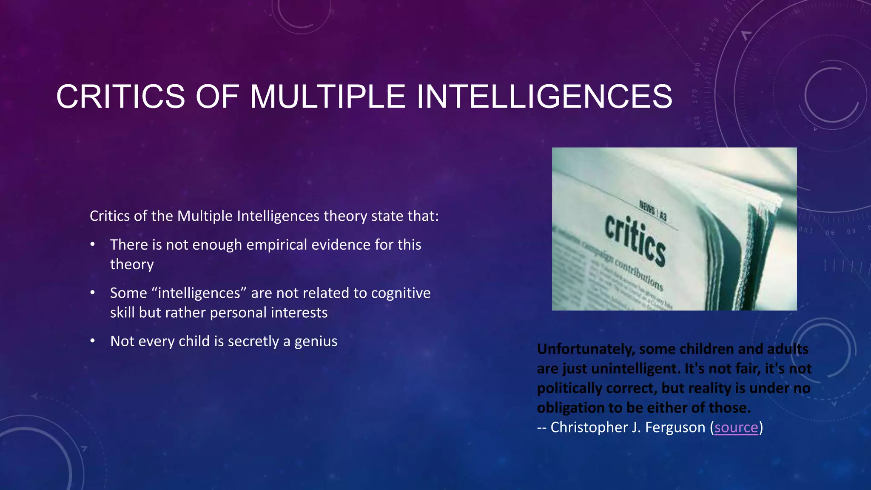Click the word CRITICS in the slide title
click(x=120, y=97)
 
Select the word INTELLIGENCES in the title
click(x=544, y=97)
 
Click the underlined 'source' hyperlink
click(x=736, y=427)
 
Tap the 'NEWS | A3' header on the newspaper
click(x=653, y=210)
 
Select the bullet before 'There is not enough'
click(x=93, y=245)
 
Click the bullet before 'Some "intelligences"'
click(x=93, y=293)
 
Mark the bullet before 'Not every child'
click(x=93, y=341)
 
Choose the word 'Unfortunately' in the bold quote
click(x=586, y=349)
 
